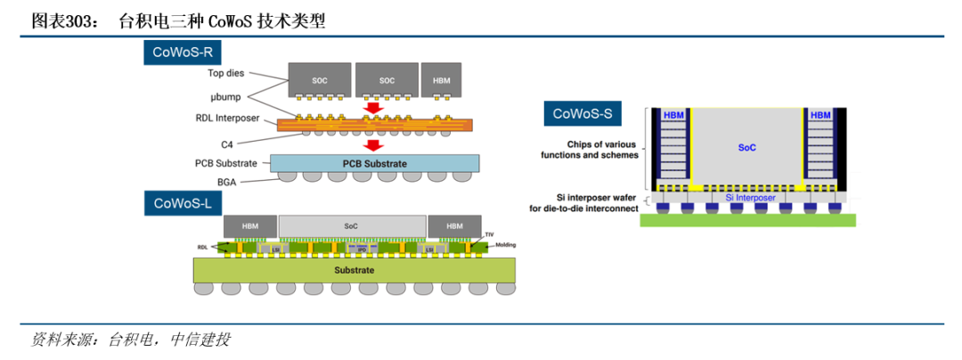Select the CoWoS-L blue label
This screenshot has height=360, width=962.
click(183, 202)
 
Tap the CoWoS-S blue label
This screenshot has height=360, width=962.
click(583, 113)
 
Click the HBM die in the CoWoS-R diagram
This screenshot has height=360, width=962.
click(442, 80)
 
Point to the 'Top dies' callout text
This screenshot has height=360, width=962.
click(226, 73)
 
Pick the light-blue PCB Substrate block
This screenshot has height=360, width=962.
click(375, 164)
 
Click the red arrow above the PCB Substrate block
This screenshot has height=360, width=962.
click(375, 145)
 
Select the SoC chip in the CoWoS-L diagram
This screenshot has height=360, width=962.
click(352, 226)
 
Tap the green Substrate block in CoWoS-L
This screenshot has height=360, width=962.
click(354, 269)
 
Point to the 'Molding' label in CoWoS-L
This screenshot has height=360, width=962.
click(504, 245)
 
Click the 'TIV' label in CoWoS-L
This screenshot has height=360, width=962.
click(490, 234)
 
